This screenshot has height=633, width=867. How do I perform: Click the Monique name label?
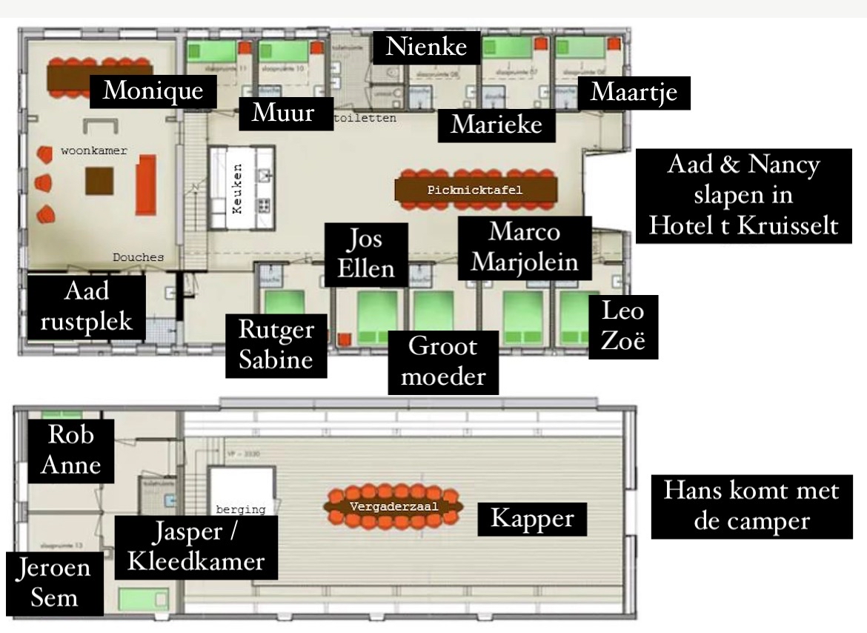pyautogui.click(x=153, y=90)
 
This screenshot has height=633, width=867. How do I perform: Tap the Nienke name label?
pyautogui.click(x=427, y=47)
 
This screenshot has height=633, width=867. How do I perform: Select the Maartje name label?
pyautogui.click(x=639, y=93)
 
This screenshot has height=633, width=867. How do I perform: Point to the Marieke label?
pyautogui.click(x=496, y=124)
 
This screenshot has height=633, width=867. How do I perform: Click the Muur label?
pyautogui.click(x=285, y=113)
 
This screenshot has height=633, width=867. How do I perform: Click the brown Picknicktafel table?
pyautogui.click(x=475, y=190)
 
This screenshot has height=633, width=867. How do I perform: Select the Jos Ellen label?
pyautogui.click(x=366, y=254)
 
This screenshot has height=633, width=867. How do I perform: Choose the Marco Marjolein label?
pyautogui.click(x=525, y=248)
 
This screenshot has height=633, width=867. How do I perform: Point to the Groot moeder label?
pyautogui.click(x=443, y=360)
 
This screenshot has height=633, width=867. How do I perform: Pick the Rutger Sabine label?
pyautogui.click(x=277, y=345)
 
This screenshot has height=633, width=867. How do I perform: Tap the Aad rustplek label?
pyautogui.click(x=87, y=307)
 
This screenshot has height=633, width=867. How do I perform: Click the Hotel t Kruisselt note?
pyautogui.click(x=743, y=196)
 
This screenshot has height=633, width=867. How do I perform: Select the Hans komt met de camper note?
pyautogui.click(x=751, y=506)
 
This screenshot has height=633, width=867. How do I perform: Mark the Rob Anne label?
pyautogui.click(x=71, y=450)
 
